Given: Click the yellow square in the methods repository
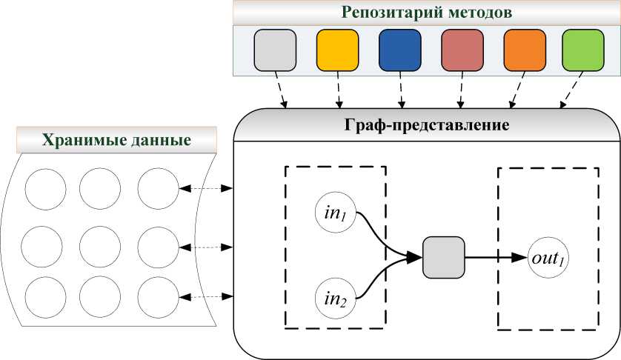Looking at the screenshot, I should (337, 50).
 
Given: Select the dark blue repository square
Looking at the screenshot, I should (399, 50).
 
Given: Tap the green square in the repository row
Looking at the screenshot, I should (583, 50).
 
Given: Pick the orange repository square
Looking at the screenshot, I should (524, 50).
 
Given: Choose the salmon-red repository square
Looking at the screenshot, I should (462, 50).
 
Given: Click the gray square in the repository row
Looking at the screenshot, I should (275, 50).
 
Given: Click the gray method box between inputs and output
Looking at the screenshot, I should (443, 258).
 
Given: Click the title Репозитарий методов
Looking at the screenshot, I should (428, 13).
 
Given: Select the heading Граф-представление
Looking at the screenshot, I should (428, 124).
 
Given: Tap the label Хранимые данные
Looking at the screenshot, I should (116, 140).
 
